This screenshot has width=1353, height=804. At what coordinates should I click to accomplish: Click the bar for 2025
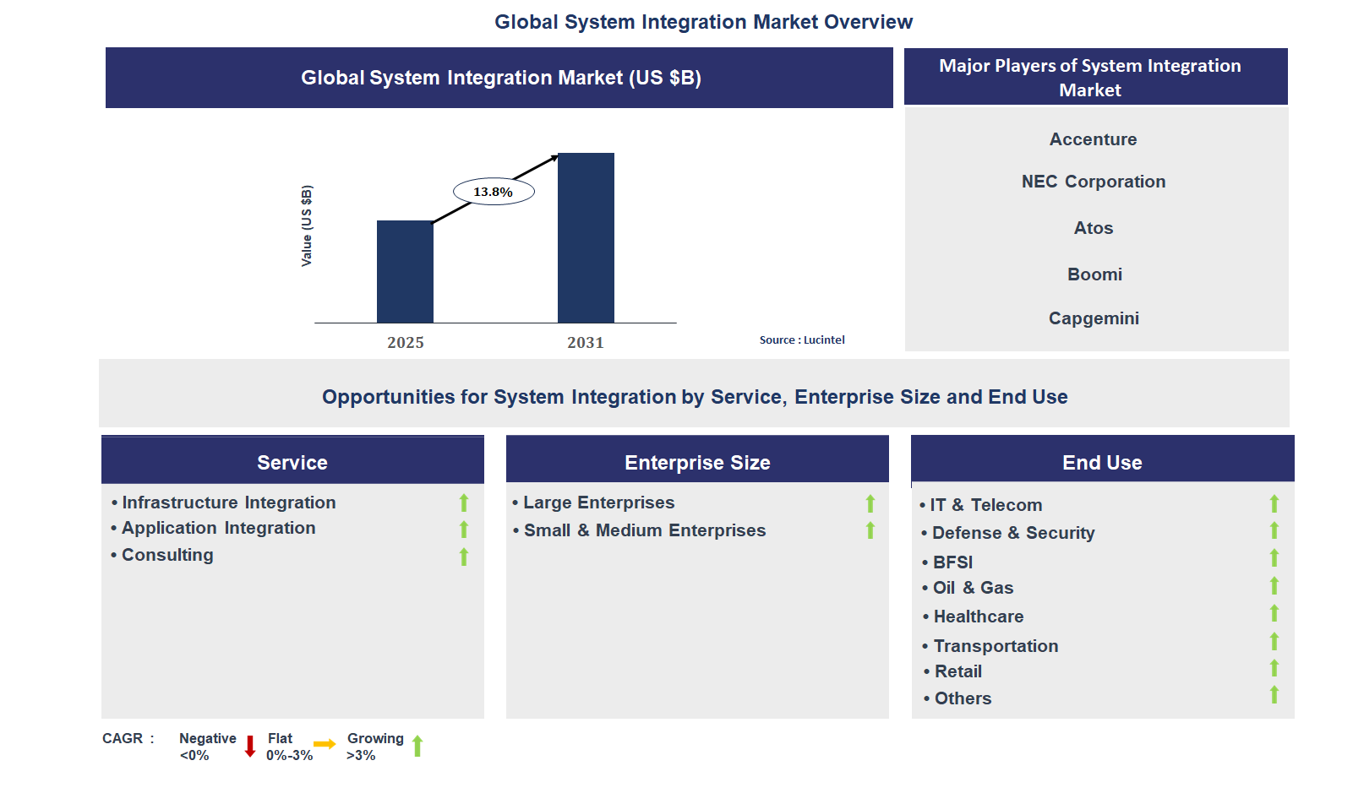tap(405, 271)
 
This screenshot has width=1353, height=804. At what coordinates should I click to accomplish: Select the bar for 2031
tap(586, 237)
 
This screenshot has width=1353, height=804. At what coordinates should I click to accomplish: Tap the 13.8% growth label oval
tap(494, 192)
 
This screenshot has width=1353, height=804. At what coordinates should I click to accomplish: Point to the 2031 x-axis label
tap(585, 342)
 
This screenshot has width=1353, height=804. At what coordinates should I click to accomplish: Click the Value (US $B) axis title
tap(307, 225)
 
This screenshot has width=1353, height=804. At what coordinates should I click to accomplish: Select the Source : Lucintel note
tap(802, 340)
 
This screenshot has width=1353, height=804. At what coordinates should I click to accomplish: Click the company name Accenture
tap(1093, 139)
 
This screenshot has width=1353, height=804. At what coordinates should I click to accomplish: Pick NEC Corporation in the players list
tap(1093, 182)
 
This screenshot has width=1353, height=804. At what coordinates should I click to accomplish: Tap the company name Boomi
tap(1094, 274)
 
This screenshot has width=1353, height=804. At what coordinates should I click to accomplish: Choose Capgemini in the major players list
tap(1094, 318)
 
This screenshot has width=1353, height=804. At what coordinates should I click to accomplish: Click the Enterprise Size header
tap(697, 462)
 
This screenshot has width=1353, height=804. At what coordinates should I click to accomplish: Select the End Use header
tap(1102, 462)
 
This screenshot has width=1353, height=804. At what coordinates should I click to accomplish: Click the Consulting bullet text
tap(167, 555)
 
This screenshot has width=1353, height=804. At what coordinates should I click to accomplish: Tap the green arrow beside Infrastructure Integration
tap(464, 503)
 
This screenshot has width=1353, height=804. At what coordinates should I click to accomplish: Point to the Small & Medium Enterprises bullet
tap(644, 530)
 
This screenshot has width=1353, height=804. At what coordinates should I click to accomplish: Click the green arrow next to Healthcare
tap(1274, 613)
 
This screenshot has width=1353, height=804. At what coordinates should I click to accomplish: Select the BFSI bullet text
tap(952, 562)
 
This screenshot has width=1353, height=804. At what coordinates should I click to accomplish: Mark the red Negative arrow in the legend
tap(250, 746)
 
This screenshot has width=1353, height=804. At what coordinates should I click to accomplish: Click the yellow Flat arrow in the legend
tap(325, 744)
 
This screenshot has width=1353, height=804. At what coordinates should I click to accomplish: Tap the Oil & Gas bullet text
tap(973, 588)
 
